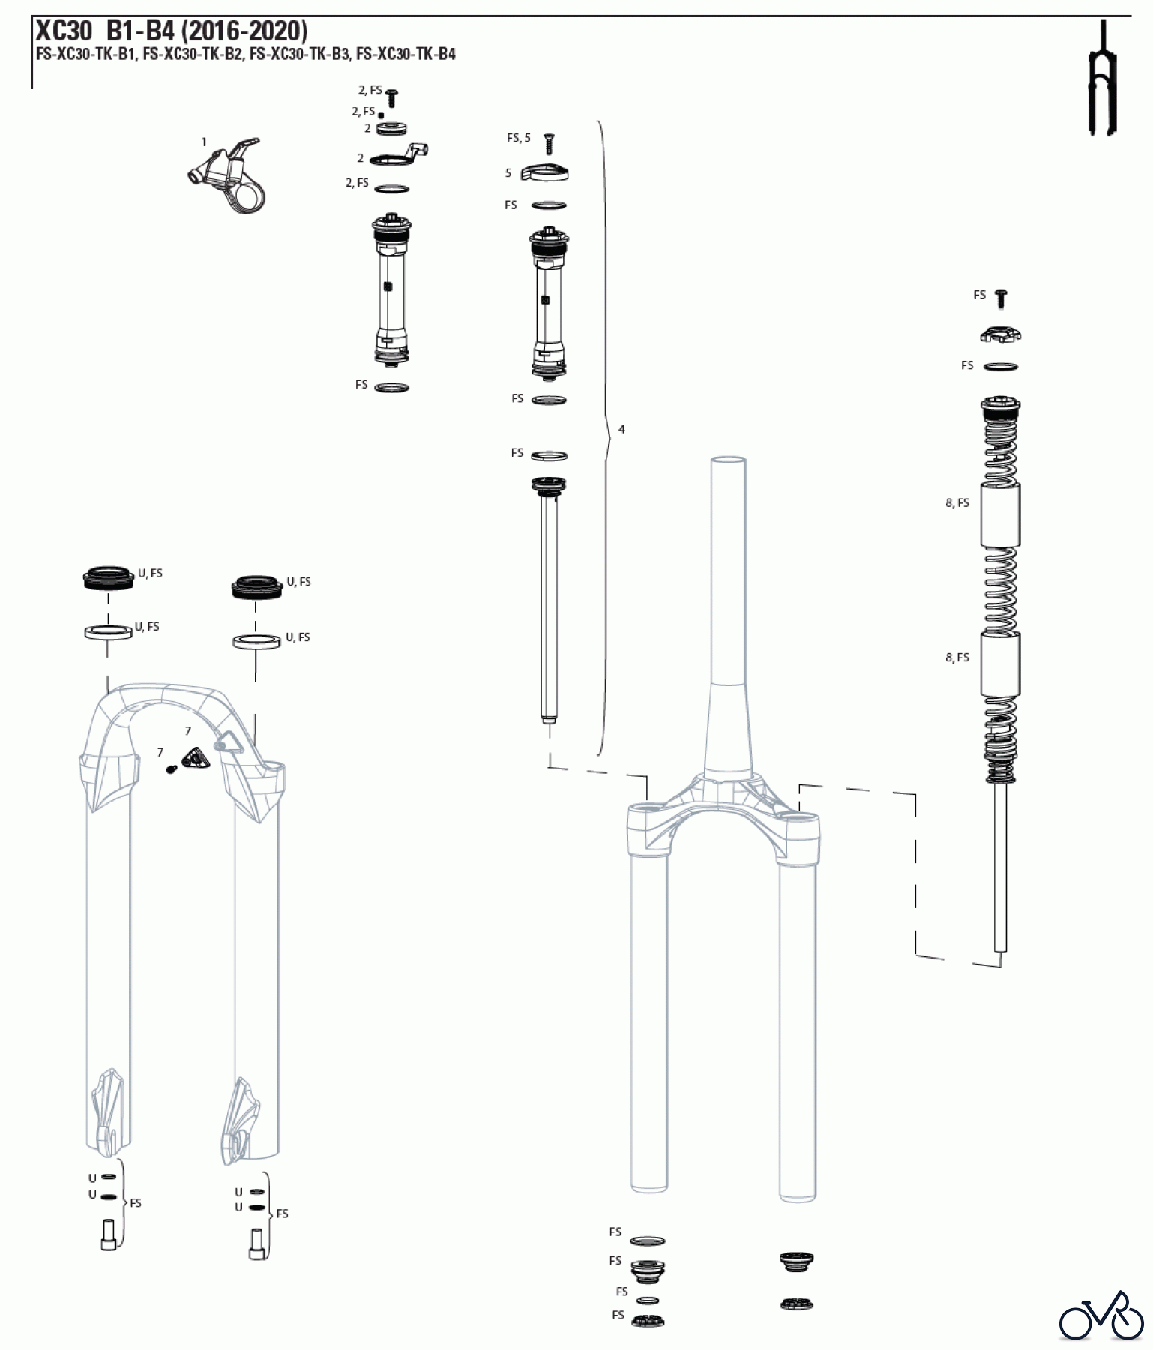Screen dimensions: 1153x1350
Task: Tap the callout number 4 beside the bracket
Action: (621, 430)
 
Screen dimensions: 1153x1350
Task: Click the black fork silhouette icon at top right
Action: (1102, 79)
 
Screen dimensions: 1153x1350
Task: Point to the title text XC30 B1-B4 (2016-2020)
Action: (172, 31)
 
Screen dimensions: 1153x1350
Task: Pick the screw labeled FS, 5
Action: (549, 144)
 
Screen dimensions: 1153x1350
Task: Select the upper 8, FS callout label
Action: (957, 503)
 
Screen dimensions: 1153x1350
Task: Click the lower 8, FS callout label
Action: (957, 658)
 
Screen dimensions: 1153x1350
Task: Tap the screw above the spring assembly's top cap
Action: (1001, 298)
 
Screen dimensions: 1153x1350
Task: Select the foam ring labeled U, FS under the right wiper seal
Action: (256, 642)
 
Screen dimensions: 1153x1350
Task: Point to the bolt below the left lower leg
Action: (108, 1235)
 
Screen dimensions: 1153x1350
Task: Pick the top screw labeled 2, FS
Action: (391, 97)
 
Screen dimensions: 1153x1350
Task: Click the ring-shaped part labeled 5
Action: (545, 173)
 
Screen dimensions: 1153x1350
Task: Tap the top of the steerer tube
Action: (729, 460)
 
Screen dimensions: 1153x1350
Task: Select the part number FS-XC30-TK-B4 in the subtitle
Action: (406, 54)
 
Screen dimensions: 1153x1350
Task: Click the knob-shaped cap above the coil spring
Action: (1001, 333)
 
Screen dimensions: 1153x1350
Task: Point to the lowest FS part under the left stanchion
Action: (648, 1321)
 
